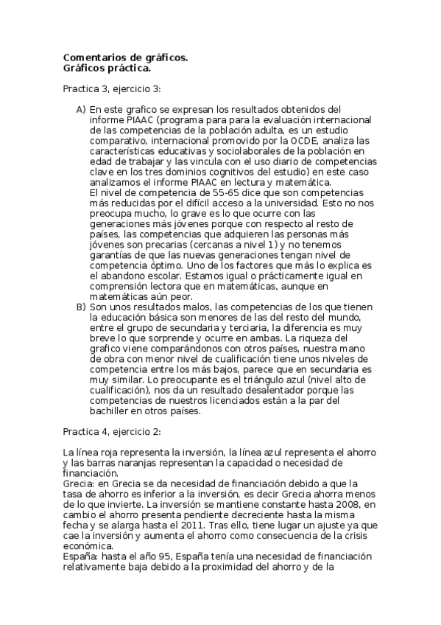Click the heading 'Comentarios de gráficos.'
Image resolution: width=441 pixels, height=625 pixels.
(125, 57)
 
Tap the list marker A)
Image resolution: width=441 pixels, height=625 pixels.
(80, 110)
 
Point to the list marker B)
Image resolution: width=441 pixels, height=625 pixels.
(80, 306)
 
